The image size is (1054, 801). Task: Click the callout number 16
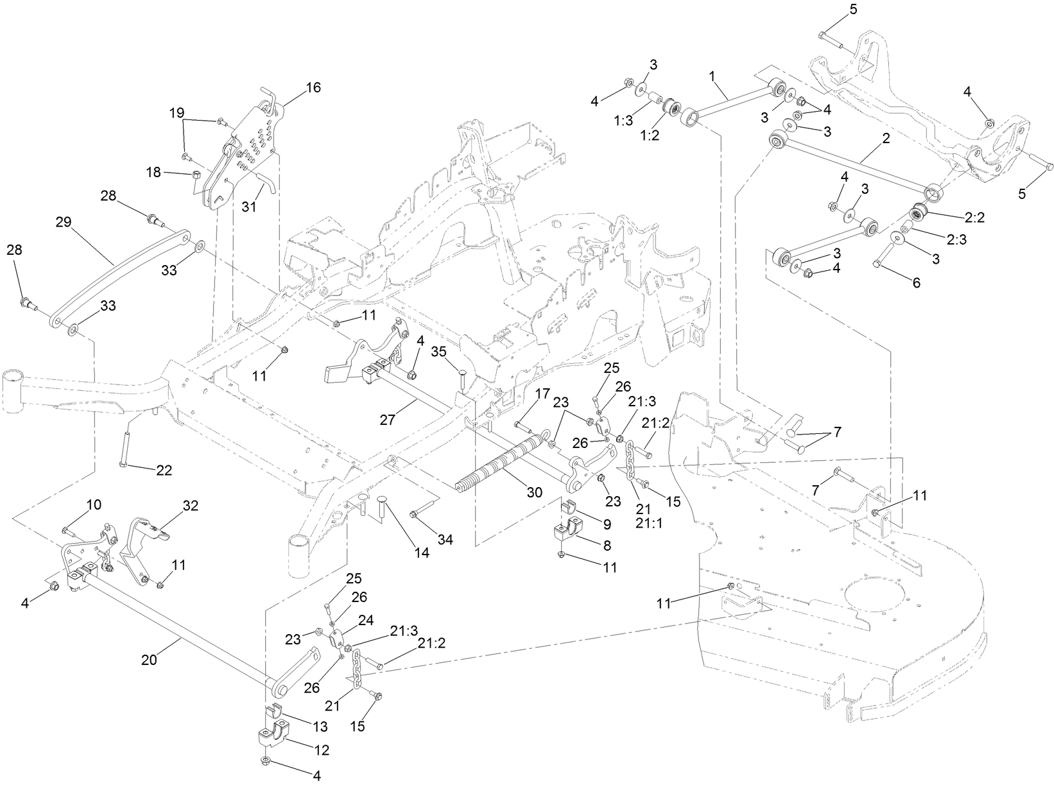point(313,88)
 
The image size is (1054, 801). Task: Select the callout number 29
point(63,223)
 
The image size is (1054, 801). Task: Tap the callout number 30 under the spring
point(535,492)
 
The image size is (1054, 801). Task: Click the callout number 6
point(916,282)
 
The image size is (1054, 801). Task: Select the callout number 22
point(164,470)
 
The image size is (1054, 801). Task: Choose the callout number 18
point(154,172)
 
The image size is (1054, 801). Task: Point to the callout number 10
point(94,505)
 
